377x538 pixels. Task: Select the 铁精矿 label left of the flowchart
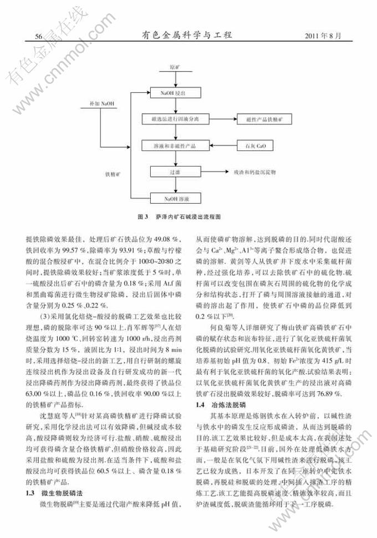pyautogui.click(x=114, y=173)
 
